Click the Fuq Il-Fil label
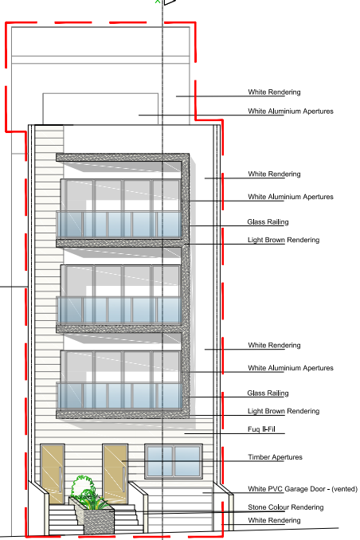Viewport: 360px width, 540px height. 261,429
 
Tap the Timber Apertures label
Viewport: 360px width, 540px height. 275,457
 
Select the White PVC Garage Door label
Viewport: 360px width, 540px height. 303,489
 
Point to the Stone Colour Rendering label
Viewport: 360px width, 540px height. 286,507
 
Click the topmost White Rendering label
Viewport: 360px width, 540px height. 274,92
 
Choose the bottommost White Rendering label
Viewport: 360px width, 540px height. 274,520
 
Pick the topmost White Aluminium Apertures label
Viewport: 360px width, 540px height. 291,111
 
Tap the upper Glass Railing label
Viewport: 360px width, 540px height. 268,221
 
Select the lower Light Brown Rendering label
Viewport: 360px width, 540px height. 284,411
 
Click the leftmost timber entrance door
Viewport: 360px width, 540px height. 53,475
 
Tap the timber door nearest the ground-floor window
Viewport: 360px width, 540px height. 115,475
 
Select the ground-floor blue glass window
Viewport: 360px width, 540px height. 174,461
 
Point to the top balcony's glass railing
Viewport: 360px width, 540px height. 119,224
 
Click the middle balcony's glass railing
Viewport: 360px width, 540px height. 119,310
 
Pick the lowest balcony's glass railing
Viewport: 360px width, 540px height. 119,396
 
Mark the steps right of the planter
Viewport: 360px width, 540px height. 128,519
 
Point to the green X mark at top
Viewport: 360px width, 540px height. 158,2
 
